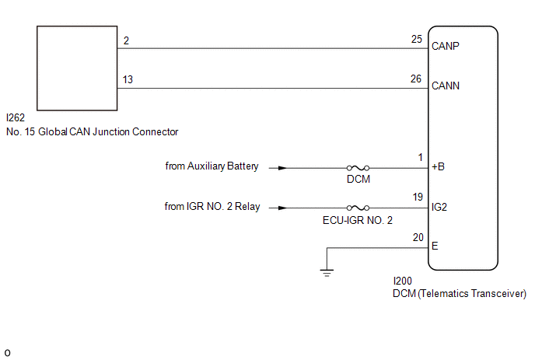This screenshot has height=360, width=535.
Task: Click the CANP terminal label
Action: [446, 46]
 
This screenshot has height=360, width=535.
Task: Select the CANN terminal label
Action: [446, 86]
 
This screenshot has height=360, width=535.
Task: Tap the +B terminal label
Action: [438, 166]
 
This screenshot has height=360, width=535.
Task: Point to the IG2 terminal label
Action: [439, 207]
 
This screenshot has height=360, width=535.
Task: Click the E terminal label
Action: [435, 246]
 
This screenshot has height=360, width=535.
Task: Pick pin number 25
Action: [417, 39]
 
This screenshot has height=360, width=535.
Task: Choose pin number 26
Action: [416, 79]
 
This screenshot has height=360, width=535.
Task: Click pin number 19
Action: [418, 197]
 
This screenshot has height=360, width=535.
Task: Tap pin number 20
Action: [418, 237]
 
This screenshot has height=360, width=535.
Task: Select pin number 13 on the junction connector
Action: [128, 79]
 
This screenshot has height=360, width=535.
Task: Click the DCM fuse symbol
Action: [358, 168]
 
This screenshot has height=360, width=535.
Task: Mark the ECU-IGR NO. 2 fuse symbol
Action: [358, 208]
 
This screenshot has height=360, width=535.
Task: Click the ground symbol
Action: [327, 273]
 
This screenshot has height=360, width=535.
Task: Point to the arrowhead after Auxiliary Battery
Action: [282, 168]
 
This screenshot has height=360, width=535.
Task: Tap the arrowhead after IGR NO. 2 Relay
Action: [282, 208]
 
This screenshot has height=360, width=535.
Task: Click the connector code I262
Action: [16, 117]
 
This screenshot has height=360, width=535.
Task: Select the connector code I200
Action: [402, 281]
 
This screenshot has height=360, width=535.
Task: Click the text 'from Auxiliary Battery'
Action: [212, 166]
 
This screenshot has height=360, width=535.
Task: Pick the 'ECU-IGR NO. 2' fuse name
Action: [358, 221]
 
